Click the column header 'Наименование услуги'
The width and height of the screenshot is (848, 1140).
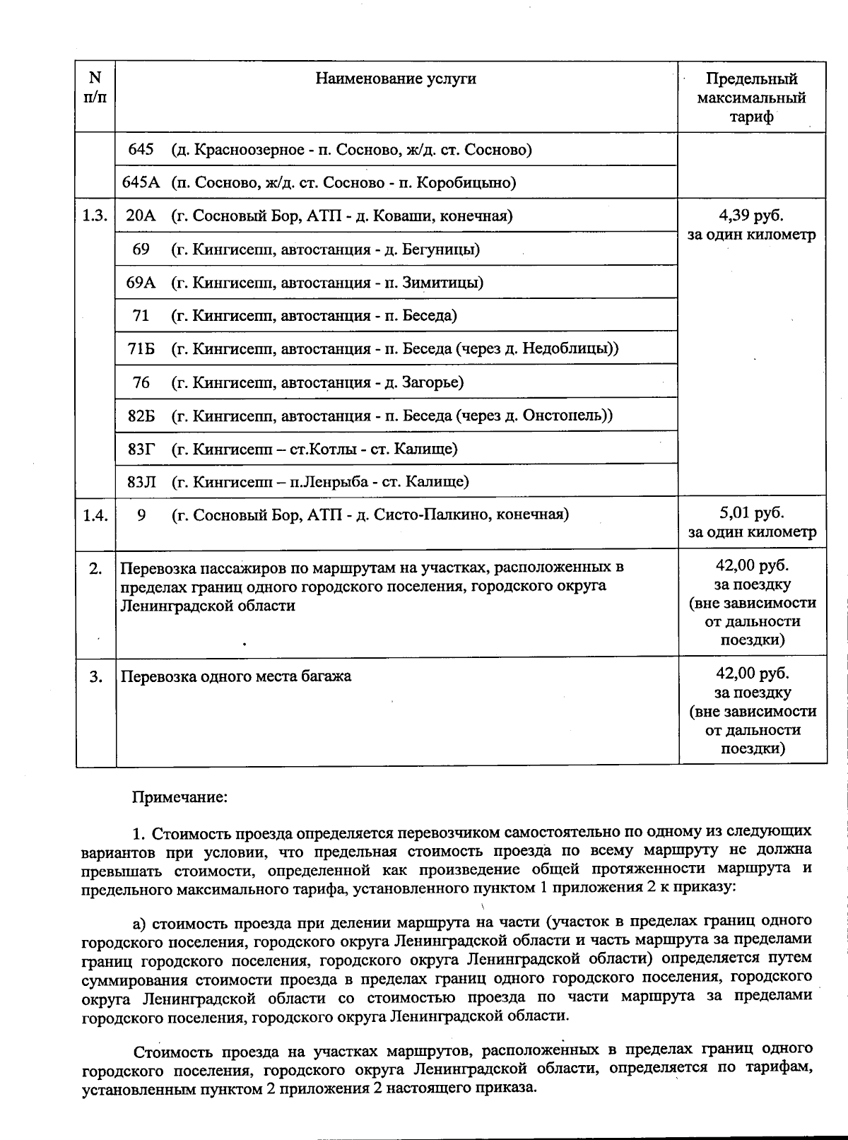395,78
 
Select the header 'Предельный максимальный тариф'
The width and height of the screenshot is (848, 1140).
751,98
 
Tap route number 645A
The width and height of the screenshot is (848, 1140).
141,182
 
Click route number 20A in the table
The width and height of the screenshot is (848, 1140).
141,216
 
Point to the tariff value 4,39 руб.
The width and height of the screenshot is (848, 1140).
750,216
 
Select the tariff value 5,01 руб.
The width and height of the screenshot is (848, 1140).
751,514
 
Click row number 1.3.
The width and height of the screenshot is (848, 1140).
95,216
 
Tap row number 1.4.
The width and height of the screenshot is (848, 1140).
95,515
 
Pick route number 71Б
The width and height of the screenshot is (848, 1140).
141,349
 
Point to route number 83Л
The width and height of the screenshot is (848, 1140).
141,482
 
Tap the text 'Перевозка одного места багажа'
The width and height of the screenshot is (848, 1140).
236,676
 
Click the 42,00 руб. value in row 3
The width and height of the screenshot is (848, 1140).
752,674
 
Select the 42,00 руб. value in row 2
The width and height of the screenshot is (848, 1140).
752,566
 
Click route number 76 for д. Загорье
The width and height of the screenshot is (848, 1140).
141,382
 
